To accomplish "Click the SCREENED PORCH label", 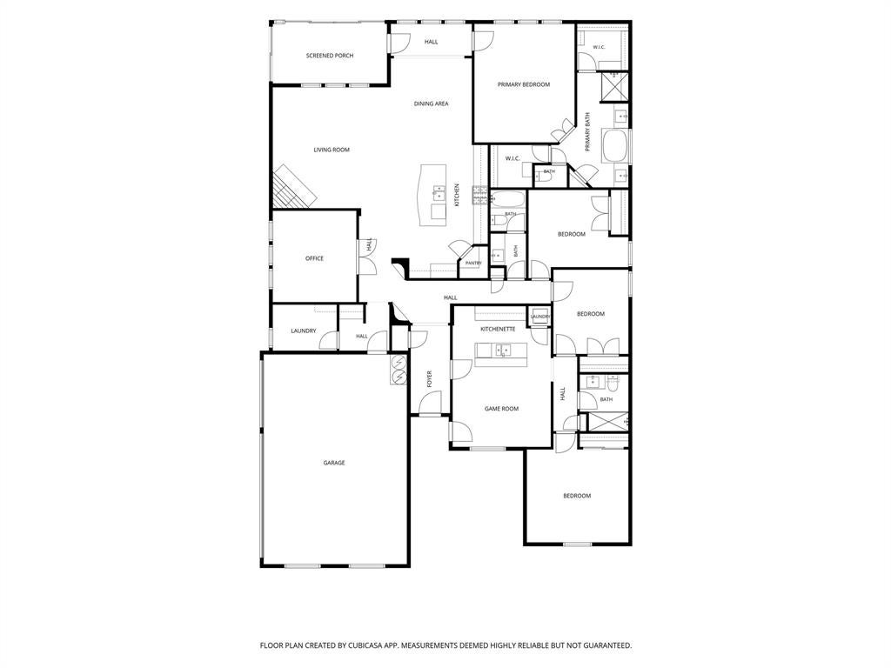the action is pyautogui.click(x=330, y=56).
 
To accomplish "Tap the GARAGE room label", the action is pyautogui.click(x=334, y=463).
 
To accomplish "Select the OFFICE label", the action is pyautogui.click(x=314, y=258).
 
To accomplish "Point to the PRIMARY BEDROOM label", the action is pyautogui.click(x=523, y=84).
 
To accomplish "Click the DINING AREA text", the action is pyautogui.click(x=432, y=104).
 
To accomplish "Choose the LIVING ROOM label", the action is pyautogui.click(x=332, y=150).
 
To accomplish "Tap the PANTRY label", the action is pyautogui.click(x=473, y=264).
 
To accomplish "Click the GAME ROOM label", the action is pyautogui.click(x=501, y=409).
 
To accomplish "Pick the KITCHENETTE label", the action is pyautogui.click(x=498, y=330).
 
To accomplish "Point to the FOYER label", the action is pyautogui.click(x=430, y=379).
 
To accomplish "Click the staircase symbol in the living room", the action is pyautogui.click(x=293, y=187).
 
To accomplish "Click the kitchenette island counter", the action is pyautogui.click(x=500, y=355).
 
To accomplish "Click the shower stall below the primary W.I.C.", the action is pyautogui.click(x=615, y=87).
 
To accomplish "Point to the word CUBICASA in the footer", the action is pyautogui.click(x=365, y=646).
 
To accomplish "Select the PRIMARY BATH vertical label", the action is pyautogui.click(x=587, y=132).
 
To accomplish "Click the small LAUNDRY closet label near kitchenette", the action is pyautogui.click(x=539, y=317).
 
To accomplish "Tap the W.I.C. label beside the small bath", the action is pyautogui.click(x=512, y=159).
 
